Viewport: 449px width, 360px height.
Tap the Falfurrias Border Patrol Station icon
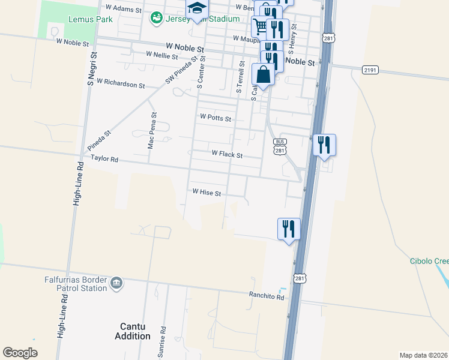tap(116, 283)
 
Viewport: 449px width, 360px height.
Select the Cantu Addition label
tap(133, 331)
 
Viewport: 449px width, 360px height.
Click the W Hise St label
tap(206, 193)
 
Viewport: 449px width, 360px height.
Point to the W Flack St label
tap(227, 154)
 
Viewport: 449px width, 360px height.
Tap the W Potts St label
tap(215, 118)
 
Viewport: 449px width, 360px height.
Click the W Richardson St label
tap(121, 81)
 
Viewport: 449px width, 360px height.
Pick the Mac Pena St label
tap(152, 130)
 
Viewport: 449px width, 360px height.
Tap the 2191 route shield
tap(370, 70)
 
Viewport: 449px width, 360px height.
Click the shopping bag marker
tap(264, 75)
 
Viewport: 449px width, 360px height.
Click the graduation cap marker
tap(196, 8)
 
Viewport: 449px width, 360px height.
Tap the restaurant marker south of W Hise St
tap(289, 229)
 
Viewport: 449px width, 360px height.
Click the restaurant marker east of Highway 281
tap(324, 145)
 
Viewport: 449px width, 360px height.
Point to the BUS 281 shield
tap(279, 146)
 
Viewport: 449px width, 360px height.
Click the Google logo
tap(20, 353)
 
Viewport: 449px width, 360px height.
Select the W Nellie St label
tap(161, 56)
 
